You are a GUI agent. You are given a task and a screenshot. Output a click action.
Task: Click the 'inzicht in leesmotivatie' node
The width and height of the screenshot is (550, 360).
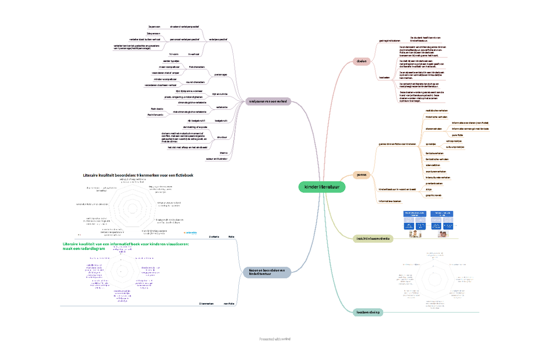click(373, 238)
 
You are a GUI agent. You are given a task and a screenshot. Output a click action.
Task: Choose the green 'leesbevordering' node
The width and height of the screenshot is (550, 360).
click(368, 312)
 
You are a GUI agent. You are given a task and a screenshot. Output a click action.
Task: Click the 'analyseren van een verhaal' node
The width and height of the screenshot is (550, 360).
click(268, 101)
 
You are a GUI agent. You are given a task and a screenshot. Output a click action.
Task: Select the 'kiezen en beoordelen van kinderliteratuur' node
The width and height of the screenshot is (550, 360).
click(266, 272)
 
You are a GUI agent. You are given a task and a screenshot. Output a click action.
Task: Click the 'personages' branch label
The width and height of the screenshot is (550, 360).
click(220, 74)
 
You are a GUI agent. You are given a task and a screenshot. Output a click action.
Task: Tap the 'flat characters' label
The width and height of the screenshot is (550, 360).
click(197, 67)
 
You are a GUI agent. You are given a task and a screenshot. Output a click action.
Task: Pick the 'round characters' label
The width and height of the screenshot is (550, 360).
click(195, 82)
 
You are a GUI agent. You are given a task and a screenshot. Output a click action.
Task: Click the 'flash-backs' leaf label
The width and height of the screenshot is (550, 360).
click(150, 109)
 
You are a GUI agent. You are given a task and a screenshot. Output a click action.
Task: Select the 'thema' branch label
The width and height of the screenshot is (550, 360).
click(223, 153)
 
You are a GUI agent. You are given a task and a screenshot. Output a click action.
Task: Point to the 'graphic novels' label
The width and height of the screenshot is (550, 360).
click(434, 195)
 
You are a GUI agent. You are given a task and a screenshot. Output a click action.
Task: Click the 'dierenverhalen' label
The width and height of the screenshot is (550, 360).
click(434, 129)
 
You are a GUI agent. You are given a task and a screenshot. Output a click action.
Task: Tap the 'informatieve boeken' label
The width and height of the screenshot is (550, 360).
click(390, 201)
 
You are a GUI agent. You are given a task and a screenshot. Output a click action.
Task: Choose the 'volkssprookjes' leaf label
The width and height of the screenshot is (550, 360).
click(453, 141)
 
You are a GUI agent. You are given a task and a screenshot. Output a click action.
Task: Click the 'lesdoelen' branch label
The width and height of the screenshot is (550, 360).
click(384, 78)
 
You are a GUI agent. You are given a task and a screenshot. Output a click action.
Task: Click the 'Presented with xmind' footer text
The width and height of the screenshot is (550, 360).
click(275, 339)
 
